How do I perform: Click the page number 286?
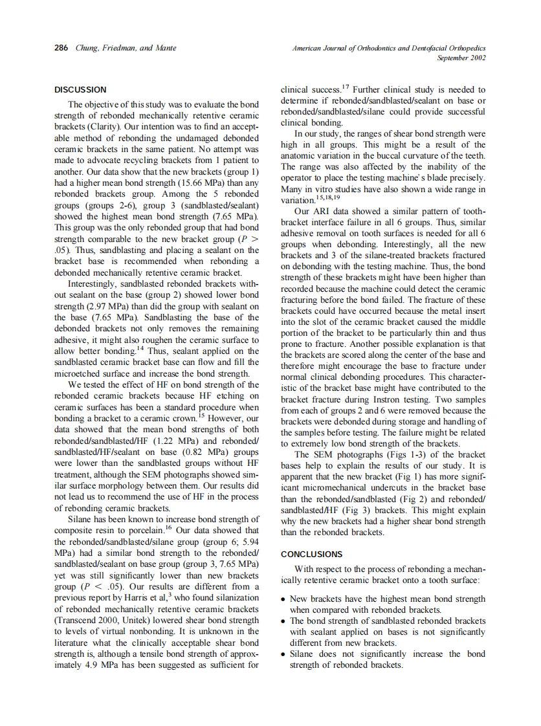60,48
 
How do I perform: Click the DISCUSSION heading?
80,90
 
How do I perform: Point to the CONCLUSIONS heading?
312,555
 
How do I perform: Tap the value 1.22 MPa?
162,440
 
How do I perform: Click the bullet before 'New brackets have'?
283,599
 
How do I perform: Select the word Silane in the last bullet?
302,654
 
